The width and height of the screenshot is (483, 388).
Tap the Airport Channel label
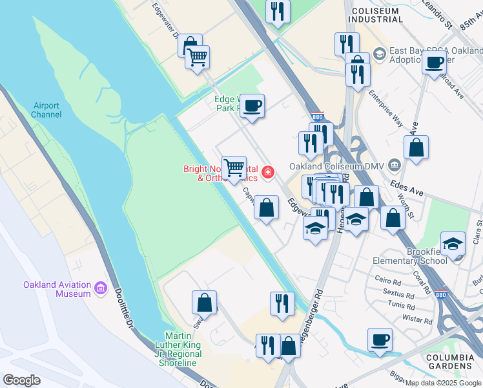click(x=46, y=110)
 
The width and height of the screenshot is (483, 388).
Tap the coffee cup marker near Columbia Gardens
click(x=380, y=339)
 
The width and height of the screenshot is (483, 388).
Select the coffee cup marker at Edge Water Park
click(x=252, y=105)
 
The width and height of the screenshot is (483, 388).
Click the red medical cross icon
click(x=266, y=172)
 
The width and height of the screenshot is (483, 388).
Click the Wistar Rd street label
click(x=417, y=319)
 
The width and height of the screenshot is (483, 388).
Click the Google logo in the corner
click(x=21, y=380)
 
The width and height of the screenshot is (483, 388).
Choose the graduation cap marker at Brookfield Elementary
click(x=453, y=243)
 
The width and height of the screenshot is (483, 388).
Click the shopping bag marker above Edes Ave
click(x=416, y=147)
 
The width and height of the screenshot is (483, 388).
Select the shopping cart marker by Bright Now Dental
click(x=234, y=167)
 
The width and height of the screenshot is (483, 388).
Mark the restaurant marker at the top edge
click(x=278, y=10)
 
